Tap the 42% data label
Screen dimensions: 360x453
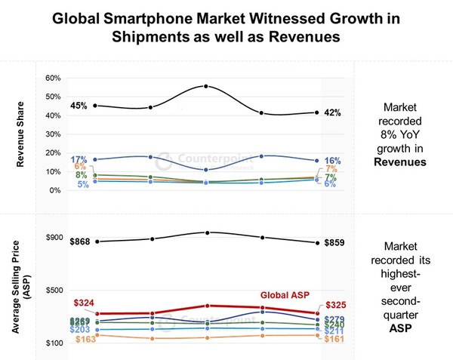(333, 113)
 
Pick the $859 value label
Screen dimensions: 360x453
(334, 243)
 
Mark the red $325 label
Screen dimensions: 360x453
(335, 304)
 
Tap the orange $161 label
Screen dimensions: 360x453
(334, 340)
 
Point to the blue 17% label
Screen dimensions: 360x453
(79, 159)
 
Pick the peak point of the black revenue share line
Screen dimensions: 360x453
(206, 86)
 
